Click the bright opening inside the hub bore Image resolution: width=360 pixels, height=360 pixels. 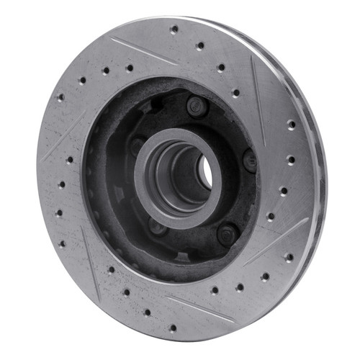204,171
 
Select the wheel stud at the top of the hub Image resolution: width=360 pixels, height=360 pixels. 196,106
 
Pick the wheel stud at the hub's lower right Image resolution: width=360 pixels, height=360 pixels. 227,233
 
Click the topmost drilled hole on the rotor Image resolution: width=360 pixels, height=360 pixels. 174,30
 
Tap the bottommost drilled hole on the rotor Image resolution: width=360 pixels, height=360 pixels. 172,328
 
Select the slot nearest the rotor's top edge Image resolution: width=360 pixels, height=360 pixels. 144,50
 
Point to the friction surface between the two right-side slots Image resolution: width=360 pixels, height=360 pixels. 288,166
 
